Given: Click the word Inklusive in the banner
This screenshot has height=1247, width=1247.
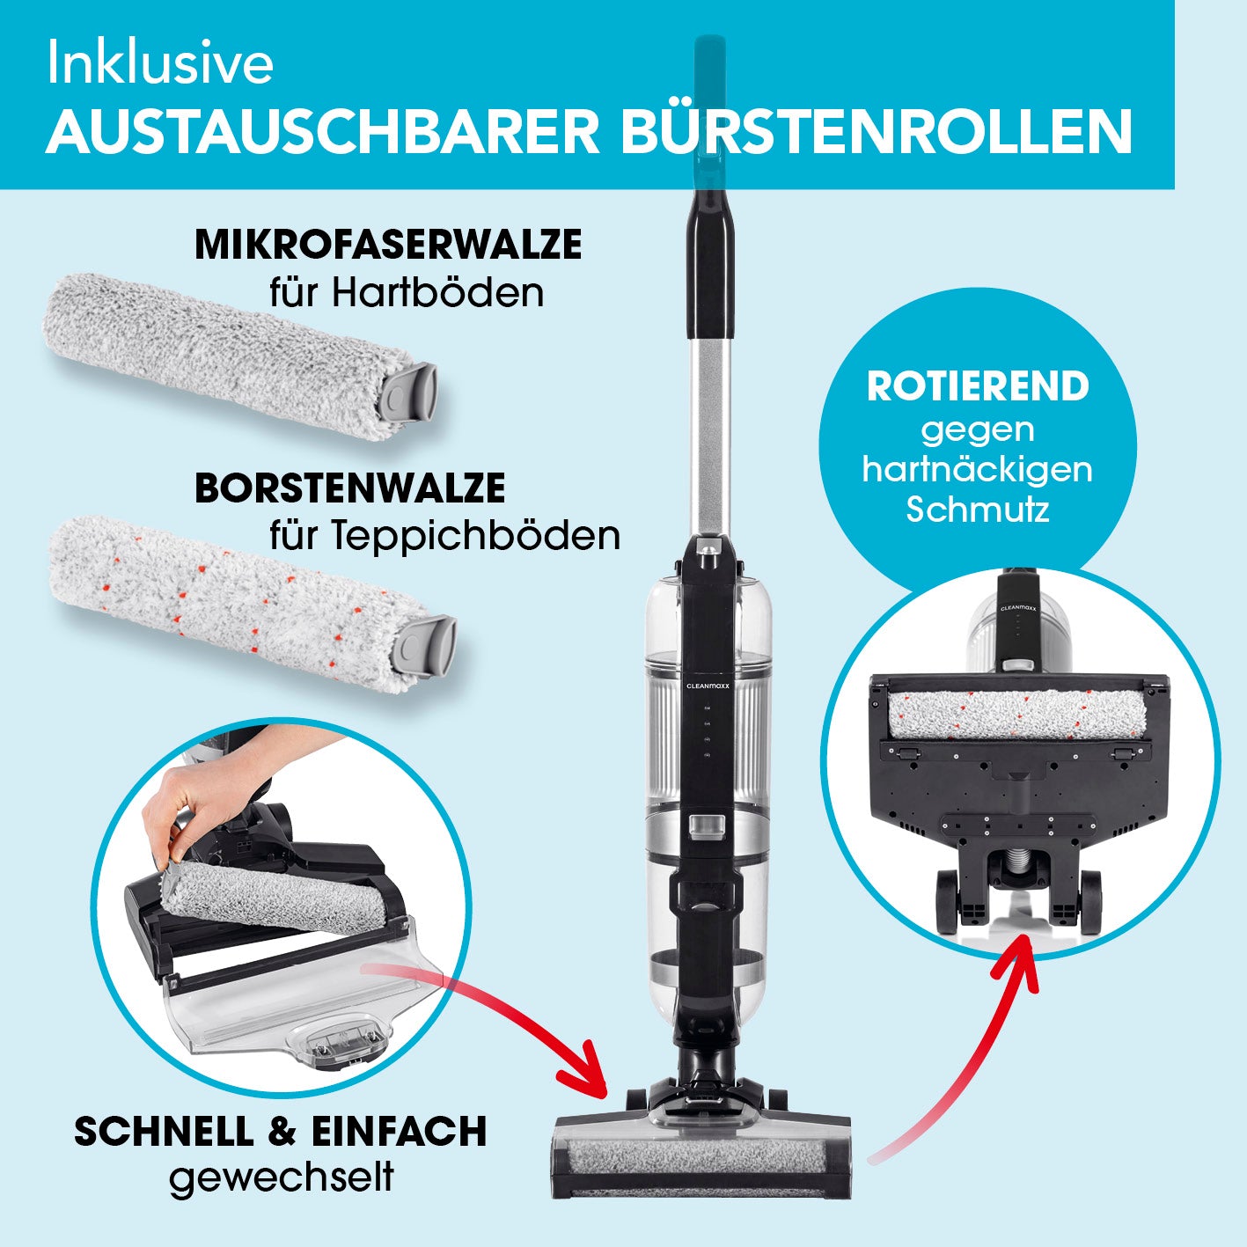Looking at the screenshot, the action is tap(160, 64).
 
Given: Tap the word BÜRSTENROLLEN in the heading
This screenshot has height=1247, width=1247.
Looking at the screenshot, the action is tap(877, 132).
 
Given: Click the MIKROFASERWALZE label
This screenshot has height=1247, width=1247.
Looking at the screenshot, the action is tap(388, 245).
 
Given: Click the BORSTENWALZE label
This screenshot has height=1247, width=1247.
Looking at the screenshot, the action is tap(350, 488).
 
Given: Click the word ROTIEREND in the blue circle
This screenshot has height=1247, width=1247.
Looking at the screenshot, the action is tap(978, 386).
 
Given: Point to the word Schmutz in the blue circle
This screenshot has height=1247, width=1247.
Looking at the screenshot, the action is tap(977, 510).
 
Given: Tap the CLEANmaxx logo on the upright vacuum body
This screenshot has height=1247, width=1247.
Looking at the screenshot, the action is tap(708, 686).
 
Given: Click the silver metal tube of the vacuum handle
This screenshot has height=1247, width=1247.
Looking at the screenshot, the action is tap(710, 434).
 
